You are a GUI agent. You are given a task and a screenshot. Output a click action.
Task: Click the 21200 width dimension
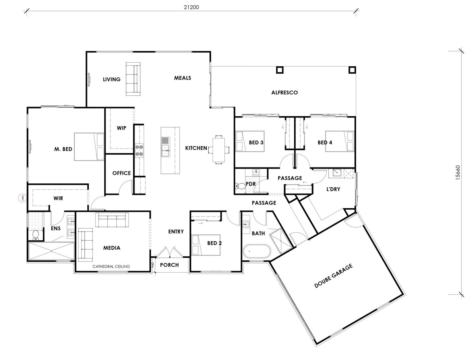(191, 7)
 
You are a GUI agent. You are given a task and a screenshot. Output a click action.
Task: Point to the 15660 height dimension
(457, 173)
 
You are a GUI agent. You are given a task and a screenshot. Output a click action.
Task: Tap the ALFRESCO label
(284, 93)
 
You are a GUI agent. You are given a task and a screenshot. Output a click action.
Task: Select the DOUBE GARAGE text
(333, 276)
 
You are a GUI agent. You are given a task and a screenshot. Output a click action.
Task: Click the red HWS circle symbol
(22, 198)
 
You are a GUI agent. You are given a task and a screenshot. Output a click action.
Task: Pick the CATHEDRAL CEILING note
(111, 266)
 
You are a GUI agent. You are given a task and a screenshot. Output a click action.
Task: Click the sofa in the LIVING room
(133, 79)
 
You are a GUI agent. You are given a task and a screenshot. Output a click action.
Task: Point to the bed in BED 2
(206, 245)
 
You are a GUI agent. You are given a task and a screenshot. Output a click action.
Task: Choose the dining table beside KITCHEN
(219, 149)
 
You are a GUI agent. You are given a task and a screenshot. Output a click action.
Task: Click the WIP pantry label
(121, 128)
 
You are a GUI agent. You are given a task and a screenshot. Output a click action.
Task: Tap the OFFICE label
(121, 173)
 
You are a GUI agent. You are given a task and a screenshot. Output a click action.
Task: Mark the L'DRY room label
(333, 189)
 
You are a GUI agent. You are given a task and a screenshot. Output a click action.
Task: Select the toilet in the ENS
(36, 235)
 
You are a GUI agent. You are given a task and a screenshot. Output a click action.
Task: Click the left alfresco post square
(280, 70)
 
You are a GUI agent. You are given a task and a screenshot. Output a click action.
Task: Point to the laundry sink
(336, 173)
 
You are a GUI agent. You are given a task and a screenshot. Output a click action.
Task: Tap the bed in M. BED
(89, 147)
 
